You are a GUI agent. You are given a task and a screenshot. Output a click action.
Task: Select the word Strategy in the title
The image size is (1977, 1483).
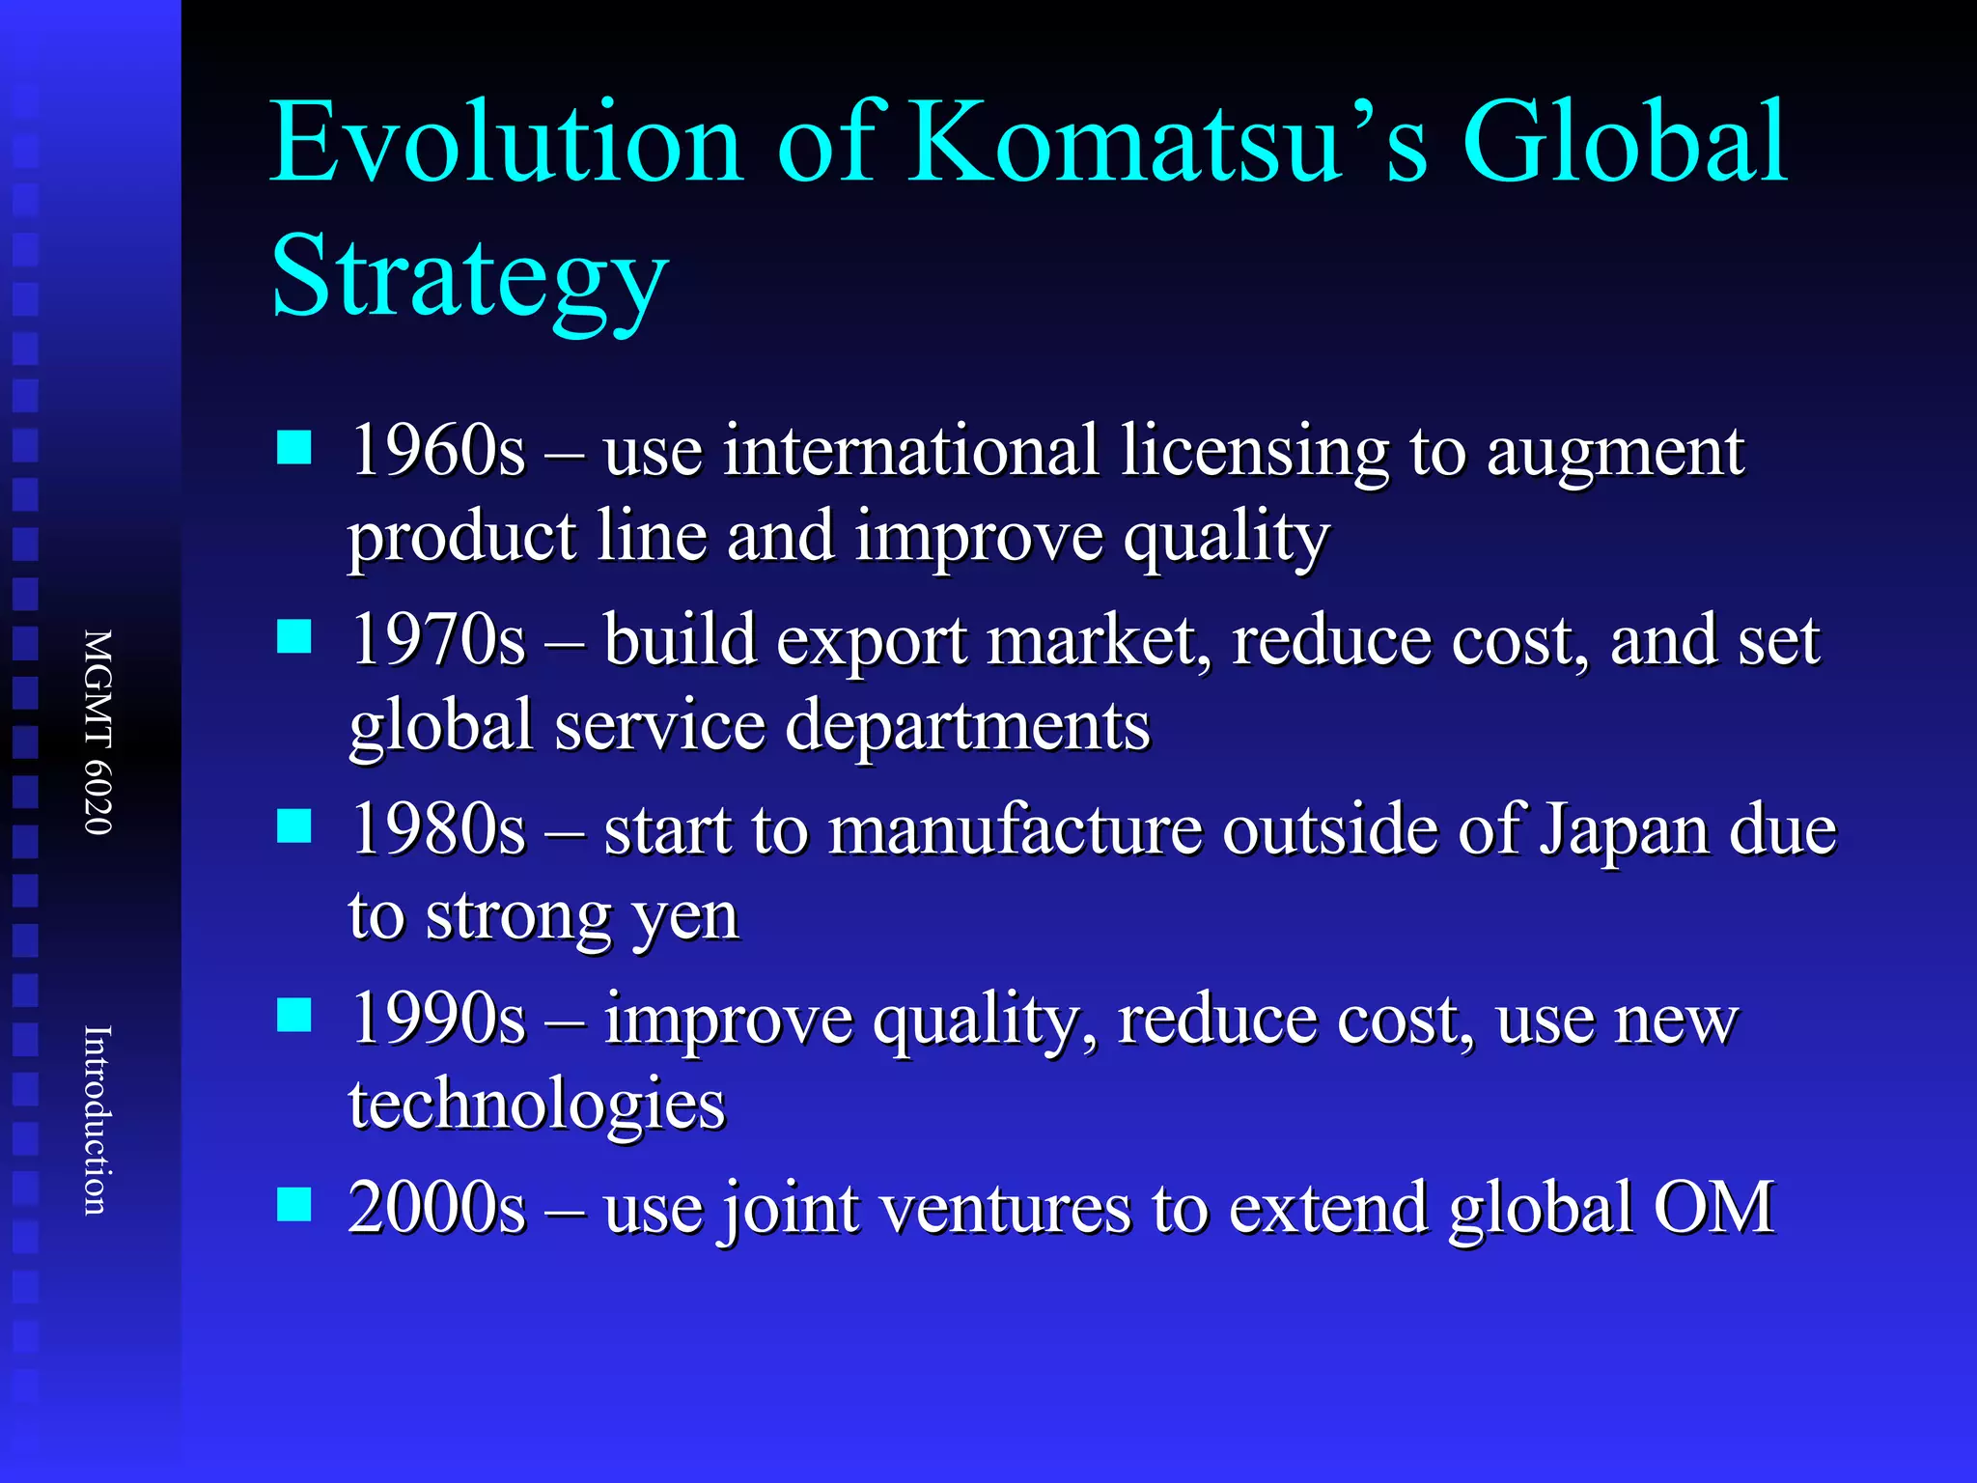pos(469,278)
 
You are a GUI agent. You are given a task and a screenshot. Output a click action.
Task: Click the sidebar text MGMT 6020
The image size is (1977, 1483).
pos(98,732)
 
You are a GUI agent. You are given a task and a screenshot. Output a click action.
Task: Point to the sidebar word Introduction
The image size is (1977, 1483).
pos(97,1120)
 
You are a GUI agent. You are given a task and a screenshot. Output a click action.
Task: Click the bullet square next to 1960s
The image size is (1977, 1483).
pos(294,448)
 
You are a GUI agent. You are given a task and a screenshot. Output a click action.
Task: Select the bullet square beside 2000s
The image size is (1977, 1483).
pos(294,1205)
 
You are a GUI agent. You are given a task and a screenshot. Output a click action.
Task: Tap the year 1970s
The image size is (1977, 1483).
pos(437,639)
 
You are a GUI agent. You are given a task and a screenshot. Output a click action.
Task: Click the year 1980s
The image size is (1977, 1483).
pos(437,828)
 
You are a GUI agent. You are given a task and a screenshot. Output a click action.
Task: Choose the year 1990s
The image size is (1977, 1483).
pos(437,1018)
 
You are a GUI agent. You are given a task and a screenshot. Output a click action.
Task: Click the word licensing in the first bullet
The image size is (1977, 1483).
pos(1254,452)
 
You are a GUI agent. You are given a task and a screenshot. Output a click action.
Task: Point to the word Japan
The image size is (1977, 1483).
pos(1623,830)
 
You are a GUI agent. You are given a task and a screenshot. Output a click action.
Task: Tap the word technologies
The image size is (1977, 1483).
pos(537,1105)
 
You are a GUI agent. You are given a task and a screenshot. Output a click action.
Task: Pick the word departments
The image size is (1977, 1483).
pos(967,726)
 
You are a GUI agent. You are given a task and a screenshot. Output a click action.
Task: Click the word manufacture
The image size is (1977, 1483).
pos(1016,830)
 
